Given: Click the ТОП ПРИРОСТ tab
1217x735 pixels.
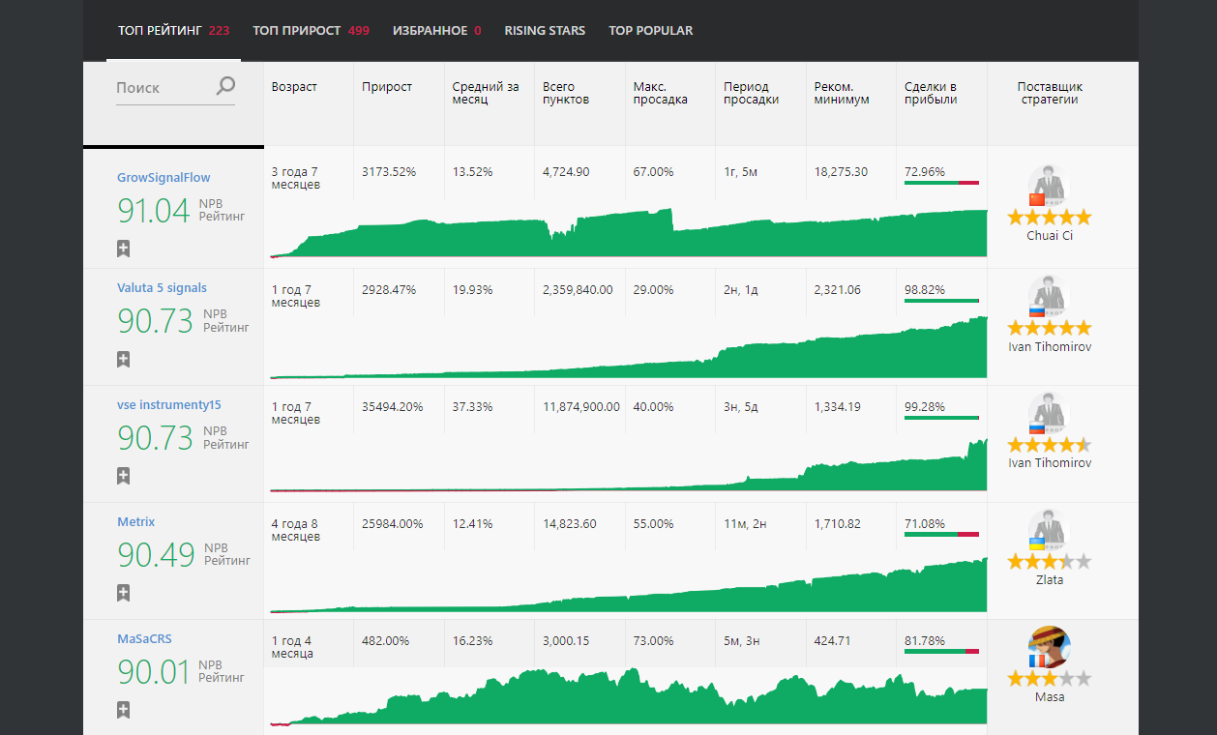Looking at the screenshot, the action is pos(311,30).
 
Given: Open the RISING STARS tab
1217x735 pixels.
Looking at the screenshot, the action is pos(545,30).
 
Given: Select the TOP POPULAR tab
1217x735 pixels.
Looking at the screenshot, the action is pos(650,30).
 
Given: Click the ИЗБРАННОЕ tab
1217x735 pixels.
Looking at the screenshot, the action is pos(437,30).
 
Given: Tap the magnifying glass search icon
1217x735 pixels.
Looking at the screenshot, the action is pos(225,86).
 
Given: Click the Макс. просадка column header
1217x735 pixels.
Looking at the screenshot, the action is pos(660,93).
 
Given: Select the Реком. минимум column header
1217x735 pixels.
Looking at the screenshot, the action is pos(842,93).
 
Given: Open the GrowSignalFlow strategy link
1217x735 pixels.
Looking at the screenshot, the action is pos(163,178).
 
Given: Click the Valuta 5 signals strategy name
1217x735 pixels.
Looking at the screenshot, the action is pos(162,288).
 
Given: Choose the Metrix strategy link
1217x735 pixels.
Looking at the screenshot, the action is pos(135,522).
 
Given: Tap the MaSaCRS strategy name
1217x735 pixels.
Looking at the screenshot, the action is pos(144,639).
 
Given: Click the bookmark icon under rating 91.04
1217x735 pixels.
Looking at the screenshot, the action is pos(123,249).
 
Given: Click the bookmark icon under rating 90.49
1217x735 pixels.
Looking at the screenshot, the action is pos(123,593).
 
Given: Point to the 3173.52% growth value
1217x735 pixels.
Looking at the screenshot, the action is pos(389,172).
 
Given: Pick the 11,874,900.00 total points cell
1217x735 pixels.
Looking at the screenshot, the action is pos(581,407).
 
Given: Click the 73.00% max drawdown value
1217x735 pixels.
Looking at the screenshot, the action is pos(653,641).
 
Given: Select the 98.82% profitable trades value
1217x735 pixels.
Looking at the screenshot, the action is pos(925,290).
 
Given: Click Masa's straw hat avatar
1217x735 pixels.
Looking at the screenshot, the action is pos(1049,647).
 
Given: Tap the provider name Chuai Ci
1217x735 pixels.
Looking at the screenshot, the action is pos(1050,236).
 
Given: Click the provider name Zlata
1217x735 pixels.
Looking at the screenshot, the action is pos(1050,580).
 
